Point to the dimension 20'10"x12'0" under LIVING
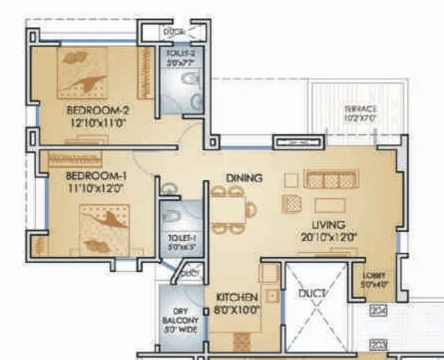(329, 237)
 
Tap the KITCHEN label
(236, 298)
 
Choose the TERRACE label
(360, 109)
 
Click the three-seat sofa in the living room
(331, 181)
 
